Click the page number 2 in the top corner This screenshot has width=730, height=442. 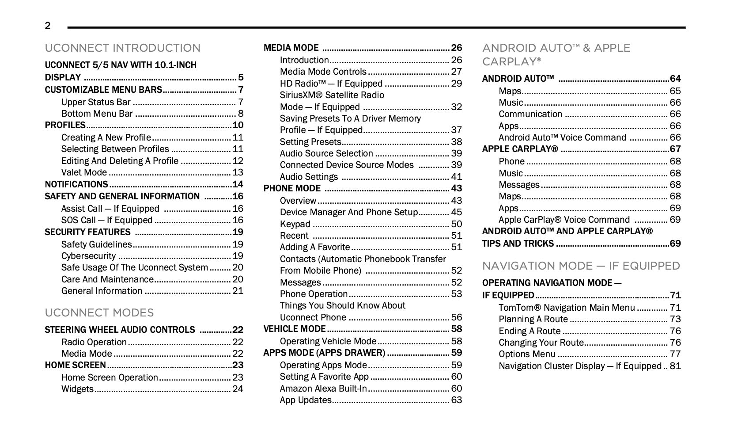coord(48,26)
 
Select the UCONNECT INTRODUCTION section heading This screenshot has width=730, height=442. coord(122,48)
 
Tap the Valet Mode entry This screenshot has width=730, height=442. coord(84,172)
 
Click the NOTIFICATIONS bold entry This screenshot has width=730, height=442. coord(76,184)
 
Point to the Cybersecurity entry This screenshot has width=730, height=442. coord(88,256)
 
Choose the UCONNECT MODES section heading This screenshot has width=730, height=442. coord(99,312)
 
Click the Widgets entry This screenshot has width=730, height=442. coord(77,389)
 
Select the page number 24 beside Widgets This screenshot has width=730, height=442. coord(238,389)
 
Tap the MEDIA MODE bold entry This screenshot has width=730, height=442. coord(291,48)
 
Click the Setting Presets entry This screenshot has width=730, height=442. coord(310,142)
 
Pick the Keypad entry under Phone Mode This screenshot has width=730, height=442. coord(295,224)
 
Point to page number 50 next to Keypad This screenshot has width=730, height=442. coord(456,224)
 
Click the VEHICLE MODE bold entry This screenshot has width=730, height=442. coord(295,329)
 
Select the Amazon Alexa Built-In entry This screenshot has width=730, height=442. coord(323,389)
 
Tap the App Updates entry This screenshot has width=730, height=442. coord(306,400)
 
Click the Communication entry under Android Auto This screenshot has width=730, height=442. coord(530,114)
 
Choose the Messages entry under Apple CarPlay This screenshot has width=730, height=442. coord(519,185)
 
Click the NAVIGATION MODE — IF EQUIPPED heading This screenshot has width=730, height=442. coord(581,266)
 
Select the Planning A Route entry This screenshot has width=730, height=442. coord(533,319)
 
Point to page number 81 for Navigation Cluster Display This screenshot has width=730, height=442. coord(675,366)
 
